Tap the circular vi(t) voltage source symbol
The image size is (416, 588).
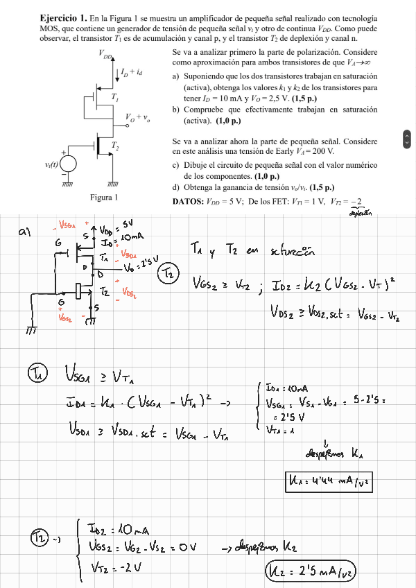click(x=68, y=164)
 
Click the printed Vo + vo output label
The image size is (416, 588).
click(x=138, y=118)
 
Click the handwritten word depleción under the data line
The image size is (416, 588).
click(x=358, y=214)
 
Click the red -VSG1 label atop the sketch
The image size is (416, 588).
click(x=68, y=227)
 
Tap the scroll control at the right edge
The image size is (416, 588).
click(x=406, y=139)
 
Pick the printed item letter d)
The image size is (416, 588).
click(x=177, y=187)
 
